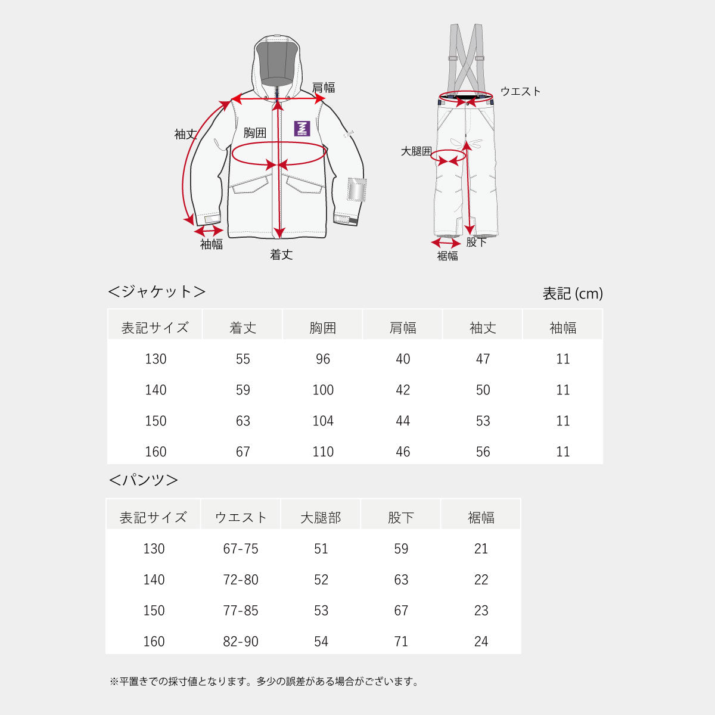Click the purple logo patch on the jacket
(301, 128)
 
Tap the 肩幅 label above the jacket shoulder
(323, 88)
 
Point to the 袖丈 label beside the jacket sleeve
(185, 134)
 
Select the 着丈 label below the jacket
(281, 255)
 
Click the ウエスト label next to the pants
(521, 91)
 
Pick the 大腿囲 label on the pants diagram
(416, 151)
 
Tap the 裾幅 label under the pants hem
(447, 256)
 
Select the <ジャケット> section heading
(157, 291)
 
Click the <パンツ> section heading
(143, 480)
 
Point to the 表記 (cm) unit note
(573, 294)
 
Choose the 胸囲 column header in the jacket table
(322, 328)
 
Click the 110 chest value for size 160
(323, 452)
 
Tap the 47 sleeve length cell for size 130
(483, 359)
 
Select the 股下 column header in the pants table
(401, 518)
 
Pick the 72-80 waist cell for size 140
(241, 580)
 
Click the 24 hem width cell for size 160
(481, 642)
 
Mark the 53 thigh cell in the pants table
(321, 611)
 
